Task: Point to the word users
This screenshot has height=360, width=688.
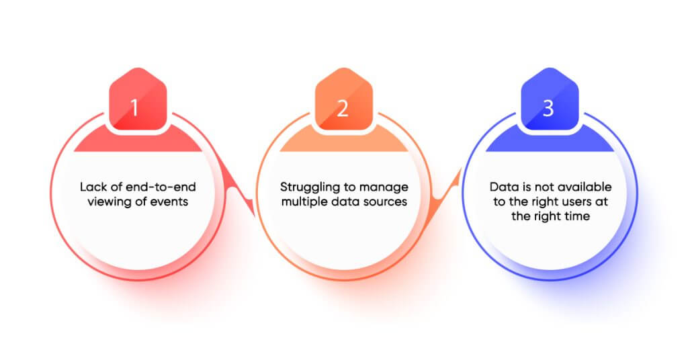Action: [577, 202]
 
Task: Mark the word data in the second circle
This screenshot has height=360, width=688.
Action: [345, 201]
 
